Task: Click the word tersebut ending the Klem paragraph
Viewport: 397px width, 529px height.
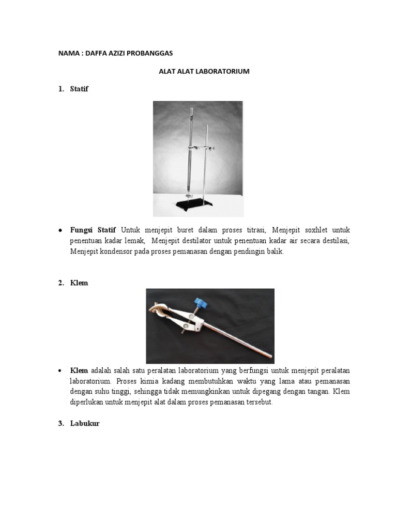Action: [x=258, y=402]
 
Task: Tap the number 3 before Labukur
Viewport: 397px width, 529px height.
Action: [x=60, y=424]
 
